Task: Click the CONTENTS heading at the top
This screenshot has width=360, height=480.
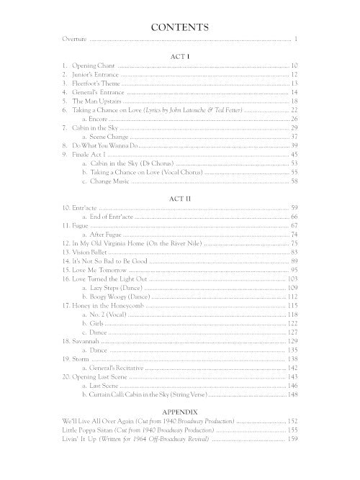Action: pos(180,27)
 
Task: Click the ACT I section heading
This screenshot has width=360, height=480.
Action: pos(180,55)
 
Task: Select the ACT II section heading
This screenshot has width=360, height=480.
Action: pos(180,196)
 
